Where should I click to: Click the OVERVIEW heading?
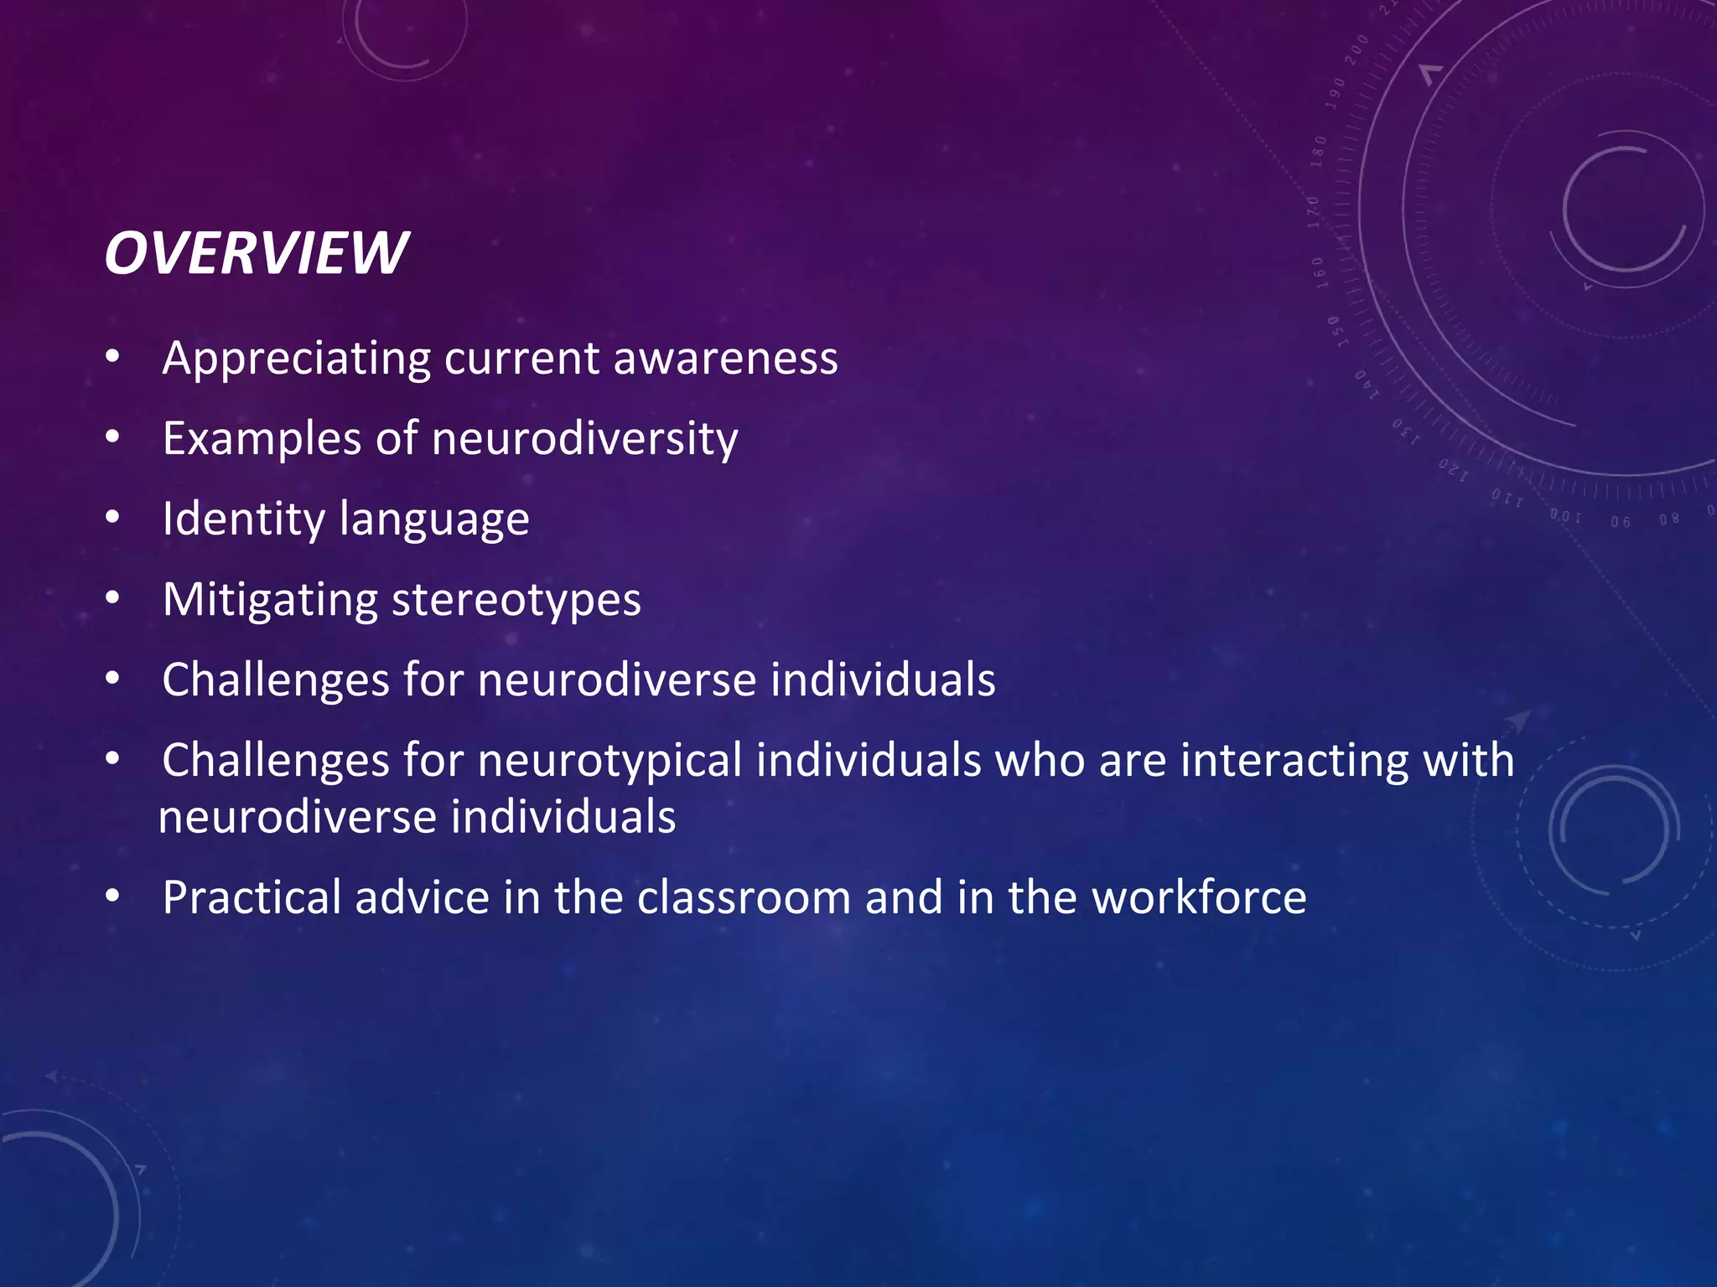pos(256,253)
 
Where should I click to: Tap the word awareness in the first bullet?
pos(725,359)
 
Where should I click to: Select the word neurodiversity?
pos(584,438)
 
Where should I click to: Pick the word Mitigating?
pos(270,600)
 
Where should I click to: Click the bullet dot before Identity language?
pos(113,518)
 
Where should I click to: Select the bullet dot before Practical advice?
pos(113,897)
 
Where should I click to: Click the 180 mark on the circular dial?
pos(1319,152)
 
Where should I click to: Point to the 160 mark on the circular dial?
pos(1320,272)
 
